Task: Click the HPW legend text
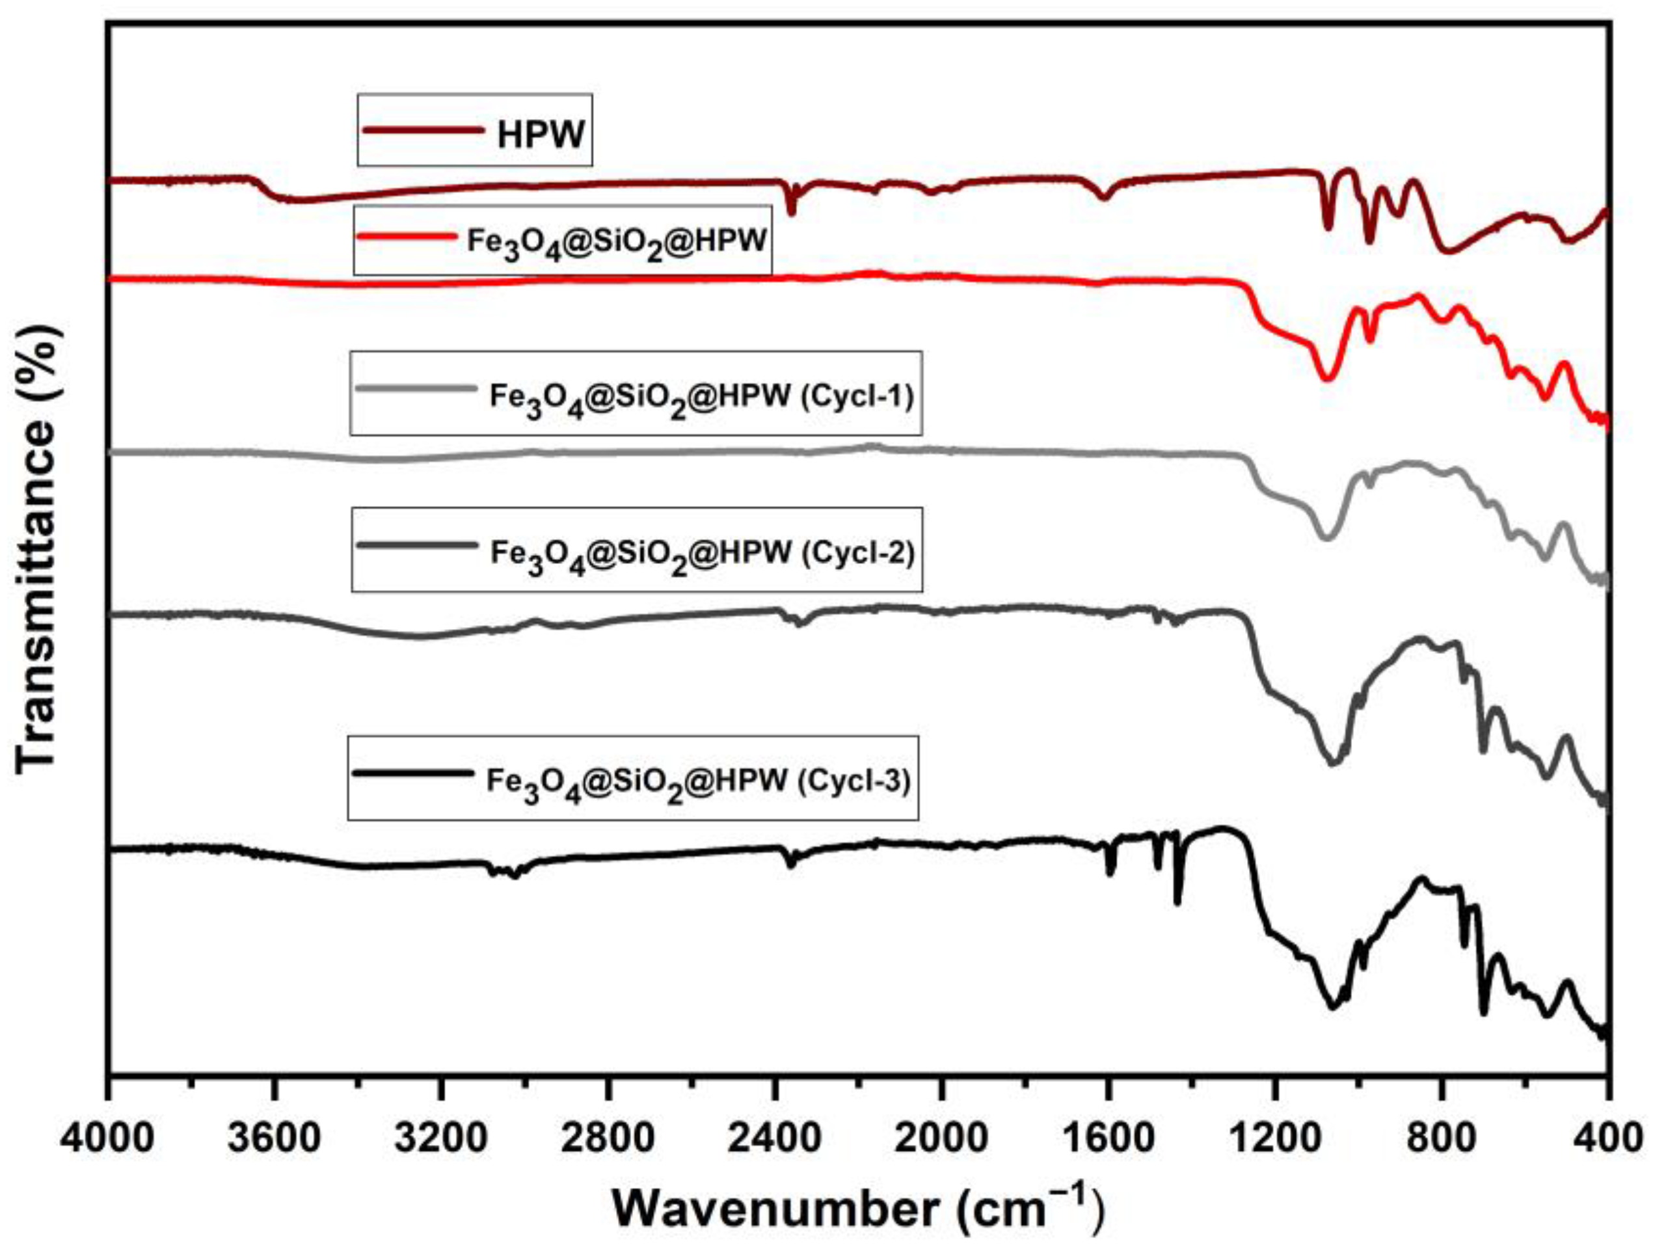[x=541, y=135]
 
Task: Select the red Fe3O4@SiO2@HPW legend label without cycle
[x=617, y=241]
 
